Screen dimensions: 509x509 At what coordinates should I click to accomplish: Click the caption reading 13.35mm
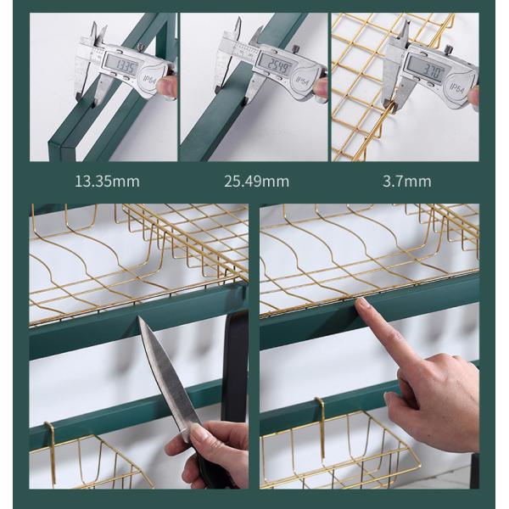point(108,181)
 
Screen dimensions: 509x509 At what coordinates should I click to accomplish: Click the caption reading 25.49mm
point(257,181)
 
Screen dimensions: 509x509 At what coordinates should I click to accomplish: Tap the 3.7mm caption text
point(406,181)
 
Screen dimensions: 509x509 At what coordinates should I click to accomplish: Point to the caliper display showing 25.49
point(274,65)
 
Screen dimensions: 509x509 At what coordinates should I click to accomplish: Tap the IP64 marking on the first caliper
point(152,80)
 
